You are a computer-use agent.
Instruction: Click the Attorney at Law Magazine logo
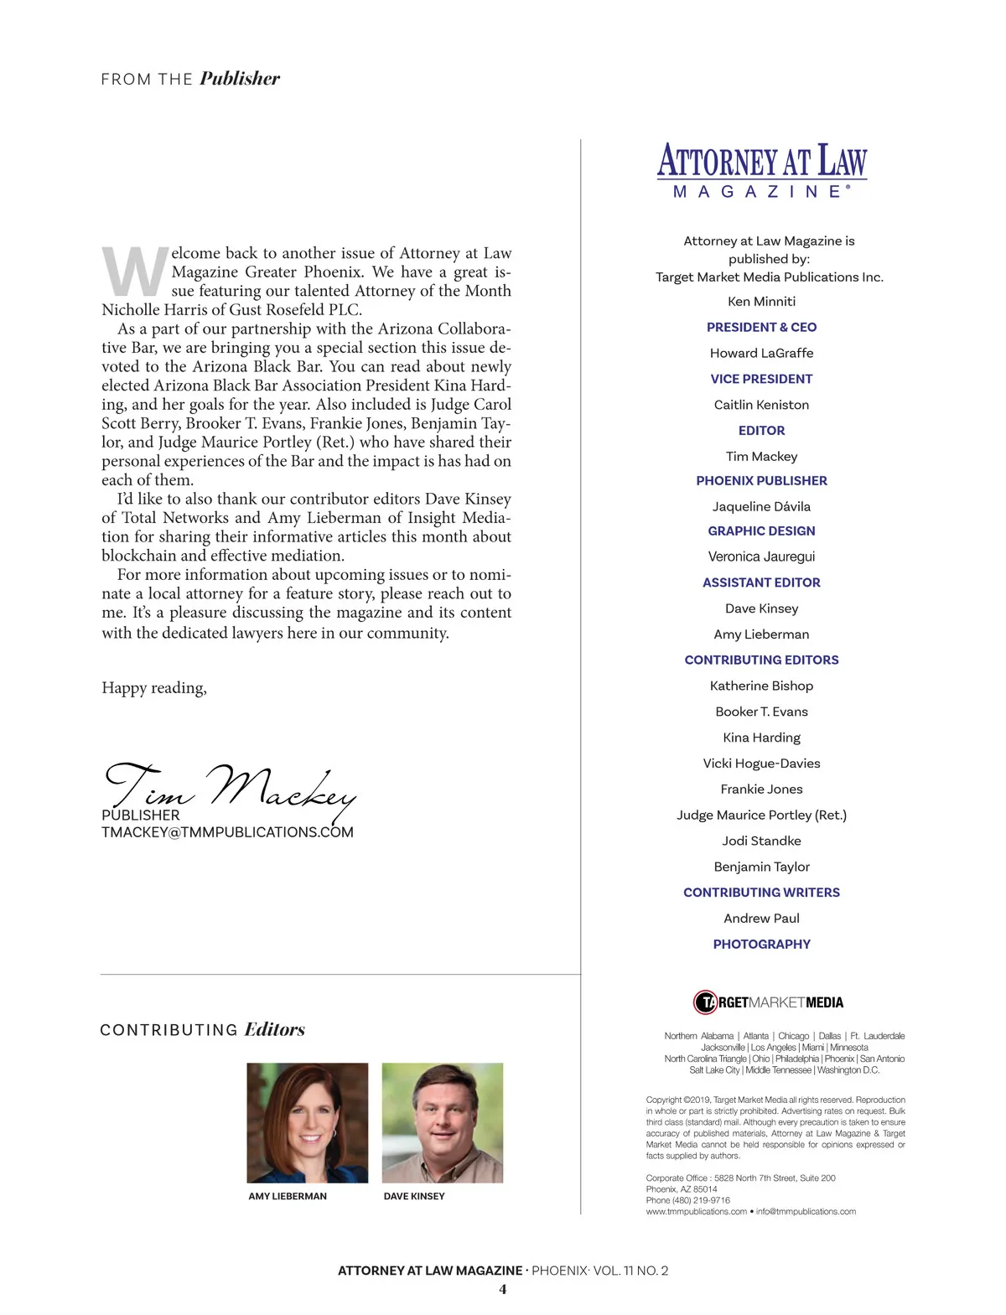[761, 170]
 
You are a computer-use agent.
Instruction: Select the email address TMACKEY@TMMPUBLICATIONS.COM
[227, 832]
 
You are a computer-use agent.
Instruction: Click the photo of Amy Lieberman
[308, 1122]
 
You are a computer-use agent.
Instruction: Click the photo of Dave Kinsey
[443, 1122]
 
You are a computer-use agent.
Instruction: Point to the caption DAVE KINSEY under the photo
[414, 1196]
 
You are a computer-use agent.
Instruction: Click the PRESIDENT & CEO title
[761, 327]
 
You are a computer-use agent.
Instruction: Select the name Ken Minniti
[761, 301]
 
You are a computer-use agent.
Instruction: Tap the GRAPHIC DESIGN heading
[761, 531]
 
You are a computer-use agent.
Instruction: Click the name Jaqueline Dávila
[761, 506]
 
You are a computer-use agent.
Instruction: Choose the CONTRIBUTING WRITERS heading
[761, 893]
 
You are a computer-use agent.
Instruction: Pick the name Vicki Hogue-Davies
[761, 763]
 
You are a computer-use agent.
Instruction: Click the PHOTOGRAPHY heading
[761, 944]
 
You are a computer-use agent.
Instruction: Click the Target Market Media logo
[768, 1002]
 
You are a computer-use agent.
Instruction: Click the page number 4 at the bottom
[503, 1289]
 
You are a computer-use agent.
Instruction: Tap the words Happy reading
[154, 688]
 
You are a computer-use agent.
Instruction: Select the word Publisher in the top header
[240, 79]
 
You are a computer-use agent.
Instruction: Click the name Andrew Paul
[761, 918]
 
